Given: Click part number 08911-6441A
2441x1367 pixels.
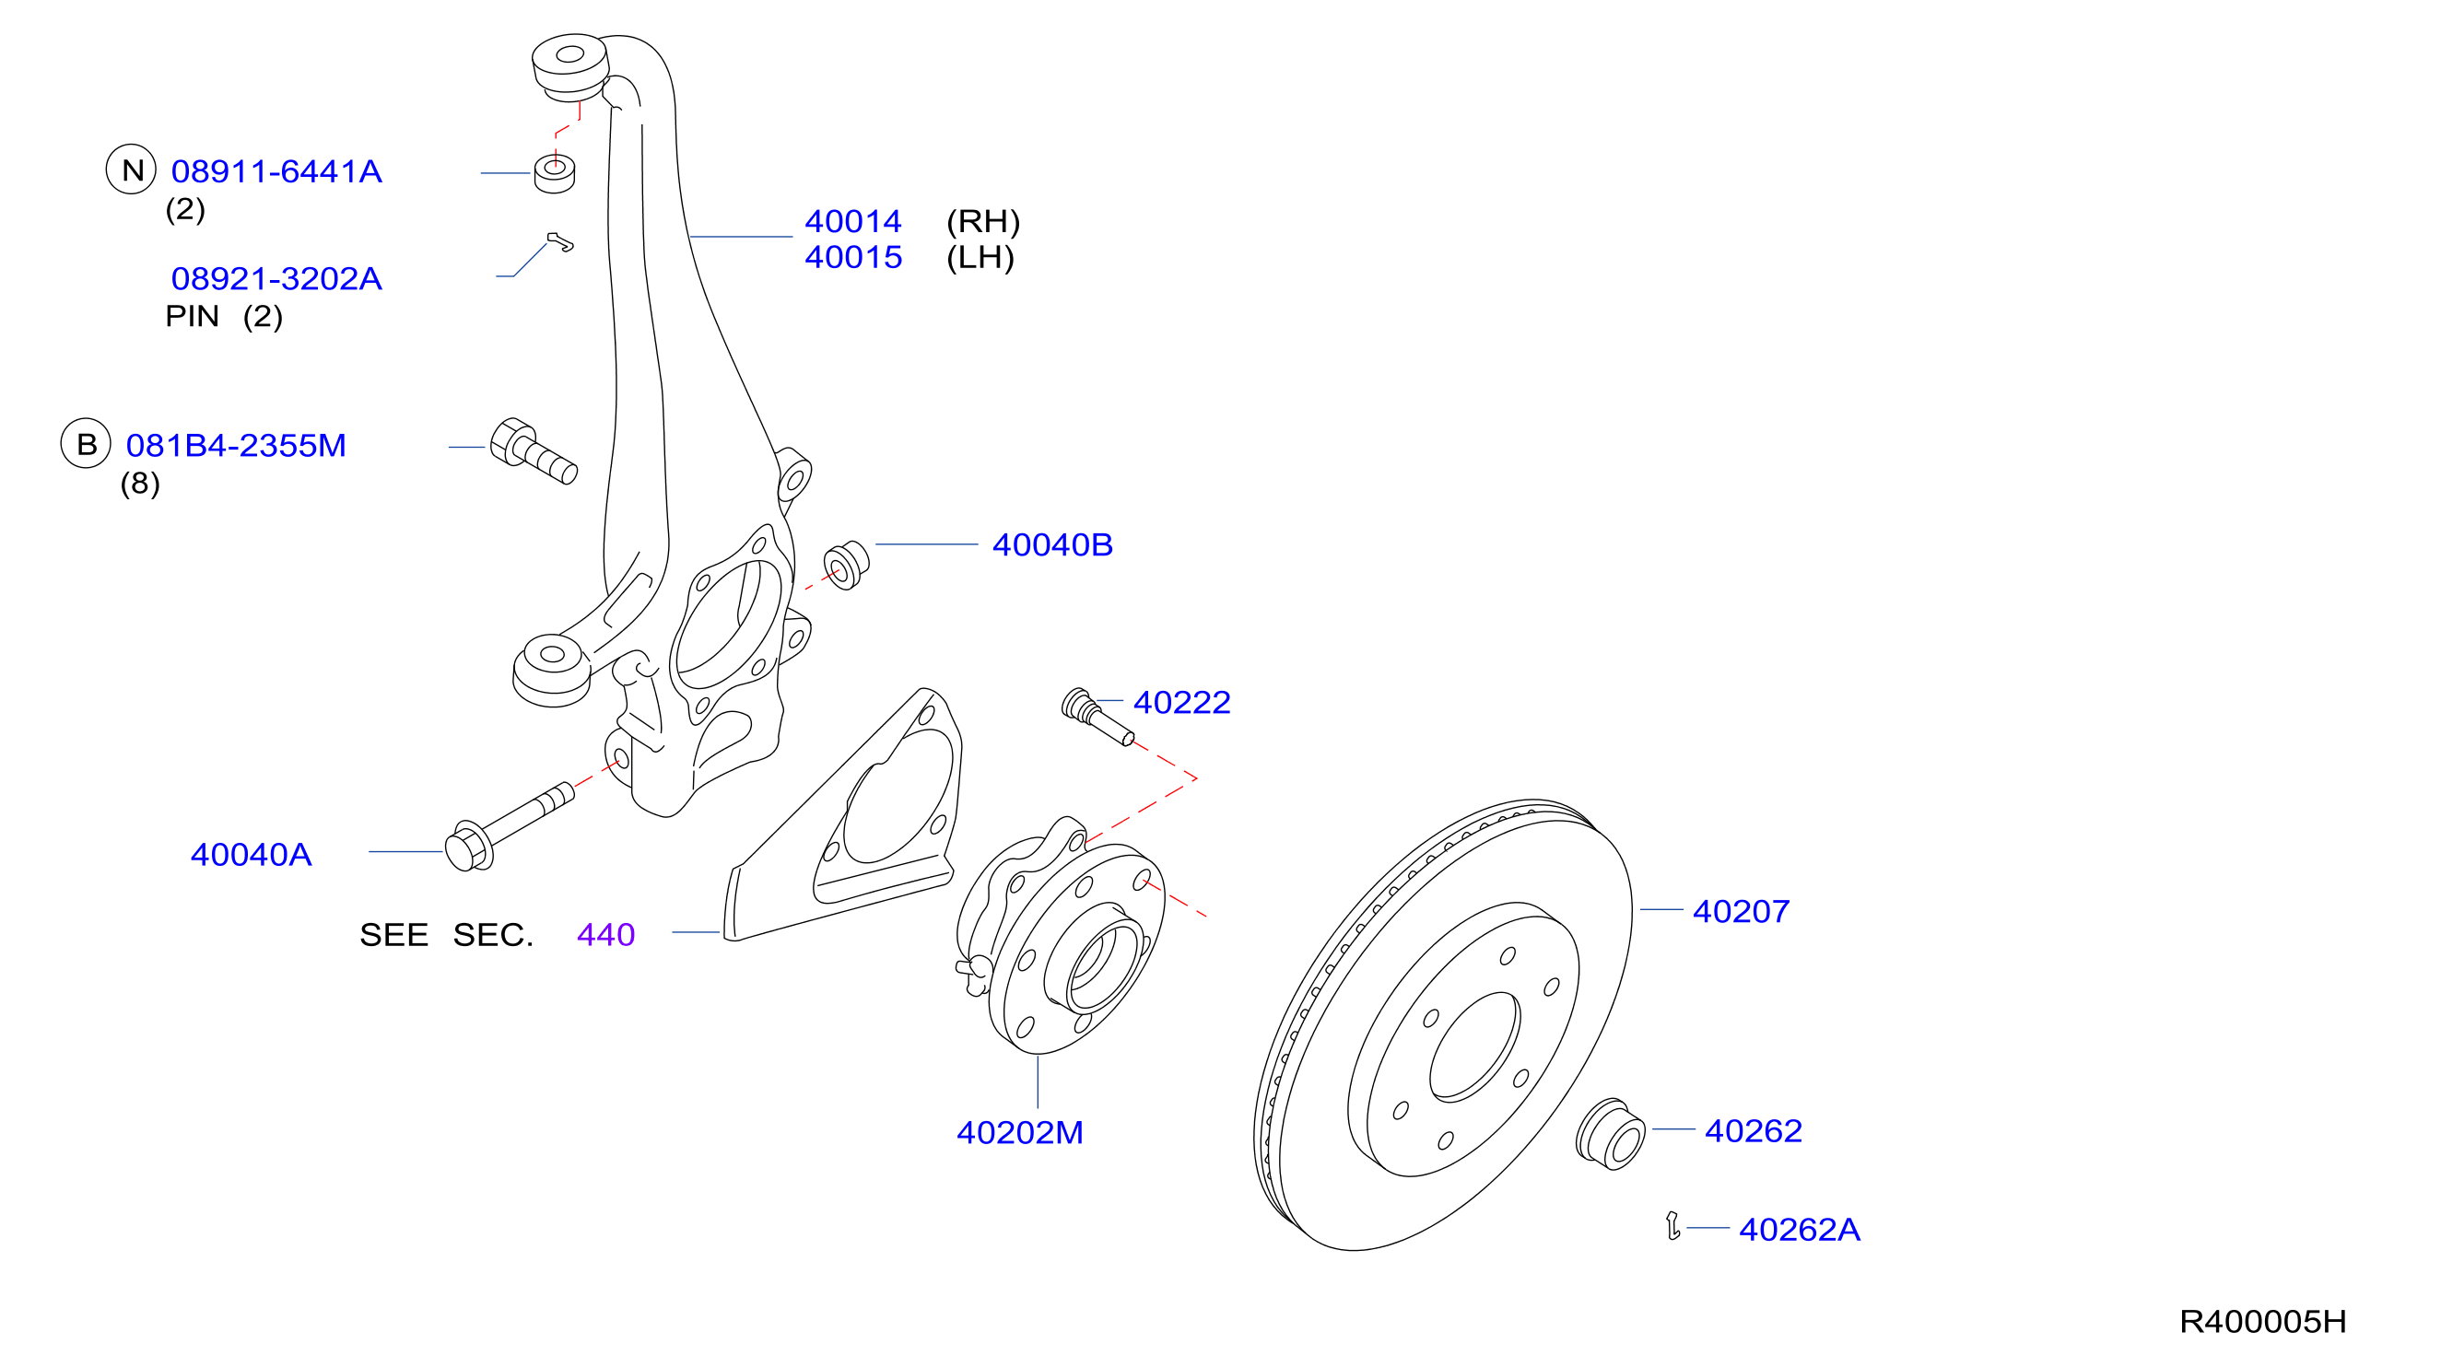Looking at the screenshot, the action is [x=276, y=171].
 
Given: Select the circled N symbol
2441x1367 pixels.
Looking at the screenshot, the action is [x=131, y=169].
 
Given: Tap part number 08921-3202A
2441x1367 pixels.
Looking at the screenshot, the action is [x=276, y=278].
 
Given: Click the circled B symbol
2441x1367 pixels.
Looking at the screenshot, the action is [x=87, y=443].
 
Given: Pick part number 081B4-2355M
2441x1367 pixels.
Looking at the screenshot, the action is [x=236, y=445].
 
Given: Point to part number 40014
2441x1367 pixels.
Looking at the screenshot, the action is [x=853, y=222].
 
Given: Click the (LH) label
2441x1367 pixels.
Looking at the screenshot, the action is [x=980, y=258].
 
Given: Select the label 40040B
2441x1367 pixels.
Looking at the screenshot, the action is [x=1051, y=544].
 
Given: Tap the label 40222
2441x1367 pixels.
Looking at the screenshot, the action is [x=1181, y=702].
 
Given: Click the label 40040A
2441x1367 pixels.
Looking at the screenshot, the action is [x=252, y=855].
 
